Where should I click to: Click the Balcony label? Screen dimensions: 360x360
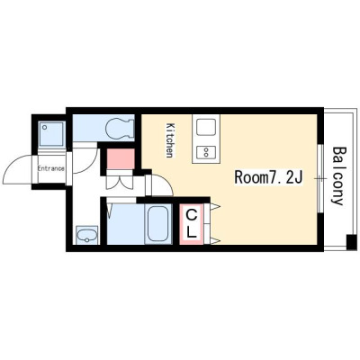pos(338,175)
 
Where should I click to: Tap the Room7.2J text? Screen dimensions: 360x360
pos(268,177)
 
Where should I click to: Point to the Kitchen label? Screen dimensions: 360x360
pos(170,140)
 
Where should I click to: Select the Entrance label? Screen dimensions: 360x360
pos(50,168)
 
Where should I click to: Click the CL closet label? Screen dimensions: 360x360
pos(192,223)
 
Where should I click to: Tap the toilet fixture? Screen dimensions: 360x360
pos(120,128)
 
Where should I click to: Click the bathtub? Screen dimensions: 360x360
pos(157,223)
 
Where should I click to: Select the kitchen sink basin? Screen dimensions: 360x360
pos(206,127)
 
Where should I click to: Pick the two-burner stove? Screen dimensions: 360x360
pos(206,152)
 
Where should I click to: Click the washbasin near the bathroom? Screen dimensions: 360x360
pos(87,235)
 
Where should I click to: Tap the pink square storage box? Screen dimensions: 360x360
pos(121,159)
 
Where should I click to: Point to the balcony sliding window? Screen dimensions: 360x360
pos(320,178)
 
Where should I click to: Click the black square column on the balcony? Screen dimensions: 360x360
pos(351,242)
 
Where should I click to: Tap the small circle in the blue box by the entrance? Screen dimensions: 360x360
pos(45,127)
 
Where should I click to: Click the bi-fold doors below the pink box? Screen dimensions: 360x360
pos(120,182)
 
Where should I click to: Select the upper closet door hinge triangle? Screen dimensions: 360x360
pos(216,206)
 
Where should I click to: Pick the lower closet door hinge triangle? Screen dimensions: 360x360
pos(216,240)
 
